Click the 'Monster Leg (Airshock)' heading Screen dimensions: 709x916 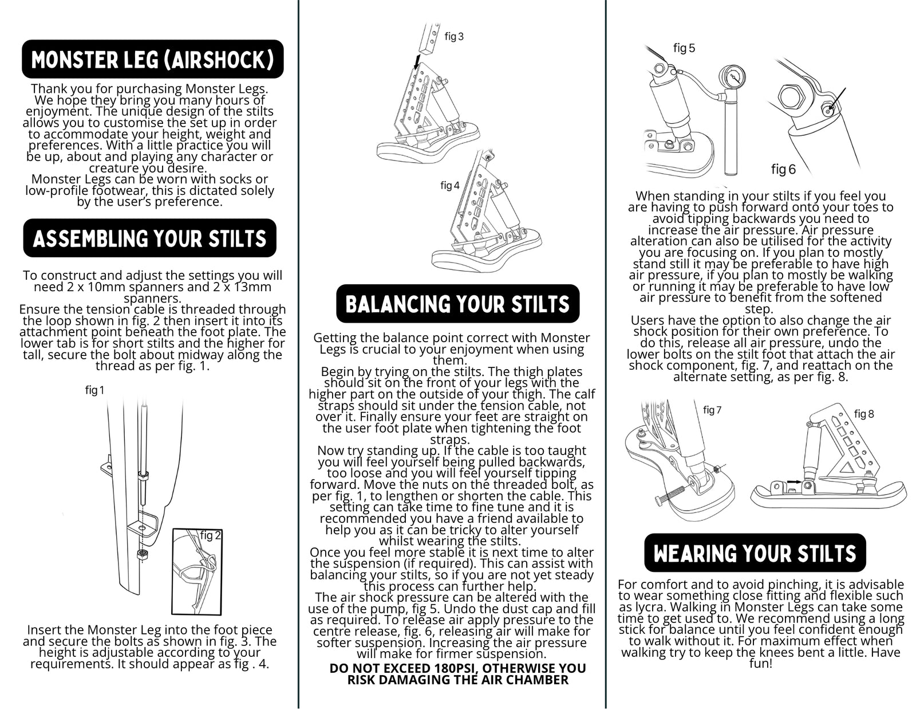click(152, 59)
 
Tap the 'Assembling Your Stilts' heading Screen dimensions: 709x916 click(150, 238)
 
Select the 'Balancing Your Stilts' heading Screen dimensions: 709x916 click(457, 304)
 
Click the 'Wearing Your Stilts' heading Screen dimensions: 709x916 click(755, 553)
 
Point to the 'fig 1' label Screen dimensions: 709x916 click(94, 390)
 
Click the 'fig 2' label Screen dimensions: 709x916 click(210, 535)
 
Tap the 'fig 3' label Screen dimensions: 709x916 click(454, 37)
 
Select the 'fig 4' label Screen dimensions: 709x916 click(449, 185)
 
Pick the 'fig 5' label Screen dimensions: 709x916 click(684, 48)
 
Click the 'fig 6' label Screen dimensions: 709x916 click(783, 169)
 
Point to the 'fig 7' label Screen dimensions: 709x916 click(712, 410)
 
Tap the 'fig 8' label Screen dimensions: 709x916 click(864, 414)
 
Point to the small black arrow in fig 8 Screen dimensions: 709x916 click(793, 482)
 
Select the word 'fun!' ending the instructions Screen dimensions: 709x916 click(761, 664)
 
